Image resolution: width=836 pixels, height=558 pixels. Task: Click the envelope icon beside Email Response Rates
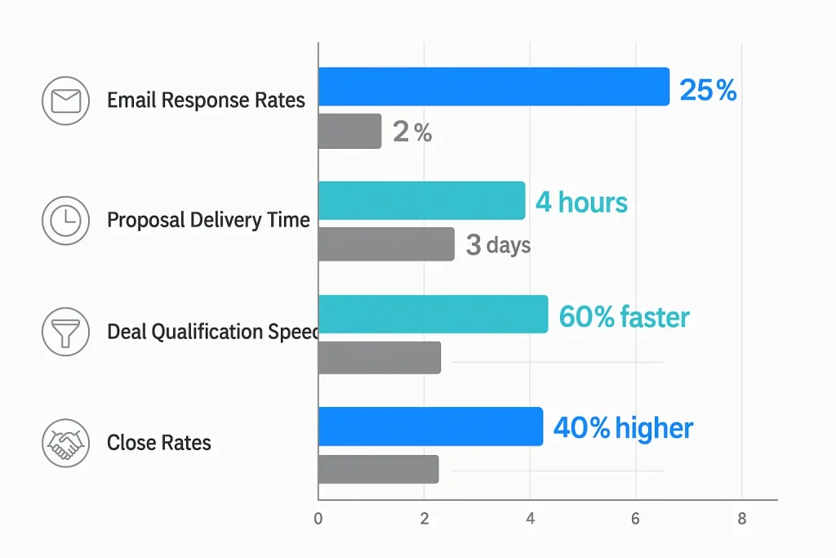point(65,101)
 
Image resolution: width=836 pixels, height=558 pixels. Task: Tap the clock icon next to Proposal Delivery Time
point(65,220)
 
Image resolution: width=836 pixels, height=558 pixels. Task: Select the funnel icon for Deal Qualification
point(65,332)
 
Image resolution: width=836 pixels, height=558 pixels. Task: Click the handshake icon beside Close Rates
point(65,443)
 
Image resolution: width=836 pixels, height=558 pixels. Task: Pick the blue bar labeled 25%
point(493,87)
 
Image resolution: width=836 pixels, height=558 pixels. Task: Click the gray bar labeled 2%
point(349,131)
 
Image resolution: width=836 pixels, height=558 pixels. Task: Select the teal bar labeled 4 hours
point(421,200)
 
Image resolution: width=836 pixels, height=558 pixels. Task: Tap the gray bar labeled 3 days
point(386,244)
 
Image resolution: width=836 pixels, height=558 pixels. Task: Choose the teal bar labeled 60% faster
point(433,314)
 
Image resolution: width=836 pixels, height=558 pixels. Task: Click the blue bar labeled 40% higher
point(430,426)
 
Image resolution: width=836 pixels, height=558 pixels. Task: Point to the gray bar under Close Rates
point(378,469)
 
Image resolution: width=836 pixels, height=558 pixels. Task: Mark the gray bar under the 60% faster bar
point(380,358)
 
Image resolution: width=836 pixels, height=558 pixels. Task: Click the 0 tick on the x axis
point(318,517)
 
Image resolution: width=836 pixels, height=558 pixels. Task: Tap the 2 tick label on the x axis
point(424,517)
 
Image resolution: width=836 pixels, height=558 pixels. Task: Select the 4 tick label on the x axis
point(530,517)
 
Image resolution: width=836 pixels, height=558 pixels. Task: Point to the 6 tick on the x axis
point(635,517)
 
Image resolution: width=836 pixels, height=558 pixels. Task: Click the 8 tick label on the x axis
point(741,517)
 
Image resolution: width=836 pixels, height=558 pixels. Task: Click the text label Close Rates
point(159,443)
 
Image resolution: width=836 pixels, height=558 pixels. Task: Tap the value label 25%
point(708,90)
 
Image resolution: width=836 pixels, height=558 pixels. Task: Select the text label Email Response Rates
point(206,100)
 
